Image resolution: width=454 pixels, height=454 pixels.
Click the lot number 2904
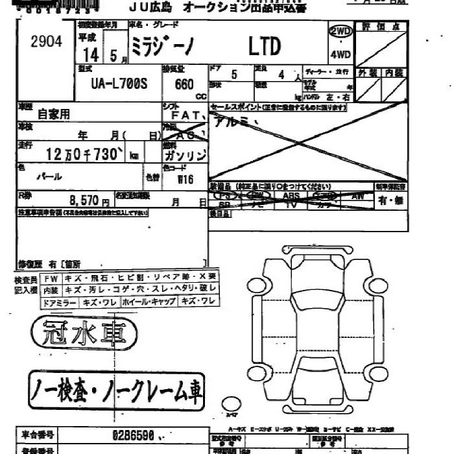[x=46, y=42]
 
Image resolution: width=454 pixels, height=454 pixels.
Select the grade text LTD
[x=265, y=47]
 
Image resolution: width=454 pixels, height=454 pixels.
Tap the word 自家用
[x=54, y=114]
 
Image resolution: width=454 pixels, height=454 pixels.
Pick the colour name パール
[x=49, y=176]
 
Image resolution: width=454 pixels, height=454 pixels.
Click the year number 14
[x=91, y=56]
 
